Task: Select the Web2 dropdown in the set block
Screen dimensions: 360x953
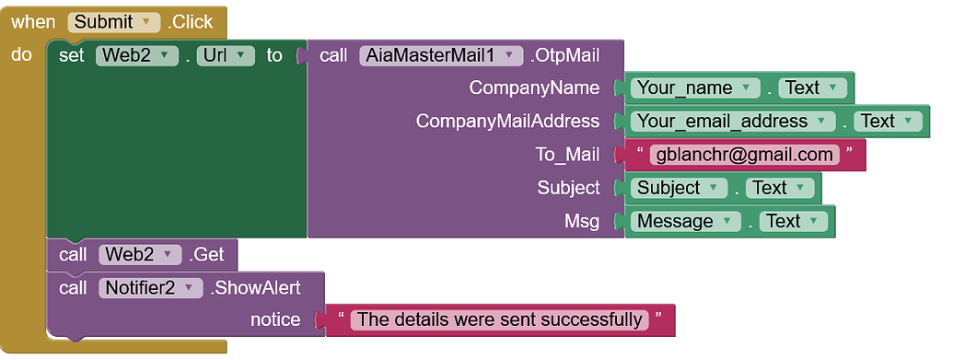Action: pyautogui.click(x=137, y=55)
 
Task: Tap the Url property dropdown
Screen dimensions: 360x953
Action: pyautogui.click(x=226, y=55)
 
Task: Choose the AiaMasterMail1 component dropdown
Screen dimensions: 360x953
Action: pyautogui.click(x=441, y=55)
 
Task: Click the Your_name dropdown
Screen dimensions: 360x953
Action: pyautogui.click(x=695, y=88)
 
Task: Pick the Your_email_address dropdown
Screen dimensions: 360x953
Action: pyautogui.click(x=732, y=122)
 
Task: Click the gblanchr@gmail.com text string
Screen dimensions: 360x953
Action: pyautogui.click(x=744, y=155)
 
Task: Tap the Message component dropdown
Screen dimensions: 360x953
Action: pyautogui.click(x=686, y=221)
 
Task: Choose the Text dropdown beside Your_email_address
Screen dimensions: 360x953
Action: pyautogui.click(x=887, y=122)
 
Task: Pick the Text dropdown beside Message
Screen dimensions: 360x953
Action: pyautogui.click(x=793, y=221)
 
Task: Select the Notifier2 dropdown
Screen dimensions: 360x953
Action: pyautogui.click(x=149, y=288)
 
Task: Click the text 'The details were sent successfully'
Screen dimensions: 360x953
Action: pyautogui.click(x=500, y=320)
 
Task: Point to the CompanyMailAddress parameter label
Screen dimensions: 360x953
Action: pyautogui.click(x=506, y=122)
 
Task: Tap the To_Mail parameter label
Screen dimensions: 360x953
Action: pyautogui.click(x=567, y=155)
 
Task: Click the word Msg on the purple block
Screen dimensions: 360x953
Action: pyautogui.click(x=581, y=221)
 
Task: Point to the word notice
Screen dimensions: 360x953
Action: pyautogui.click(x=275, y=320)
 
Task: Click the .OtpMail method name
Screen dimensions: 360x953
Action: pyautogui.click(x=564, y=55)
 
